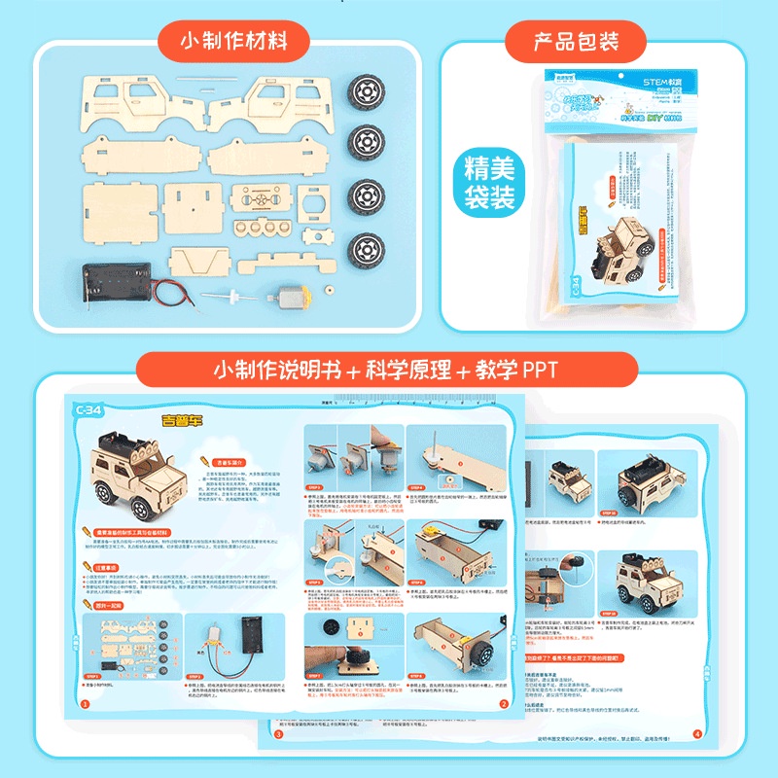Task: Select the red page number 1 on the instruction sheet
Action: tap(85, 703)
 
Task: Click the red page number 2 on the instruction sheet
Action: tap(504, 703)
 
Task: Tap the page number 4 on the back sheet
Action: tap(696, 734)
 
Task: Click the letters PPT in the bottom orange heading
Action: tap(545, 371)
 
